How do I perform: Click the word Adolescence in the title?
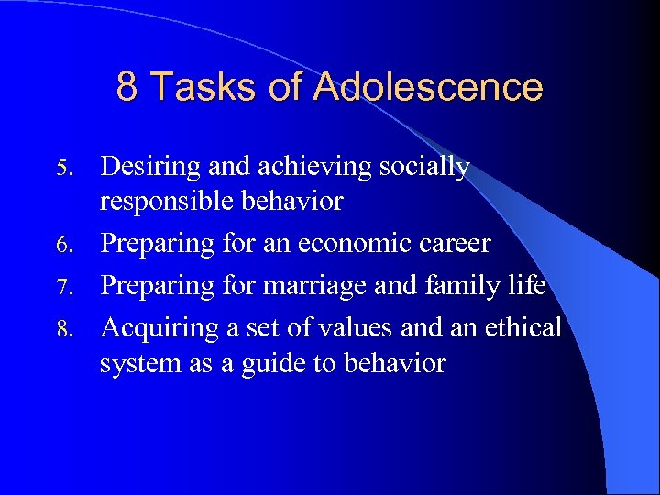[427, 87]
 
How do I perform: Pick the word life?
[528, 285]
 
